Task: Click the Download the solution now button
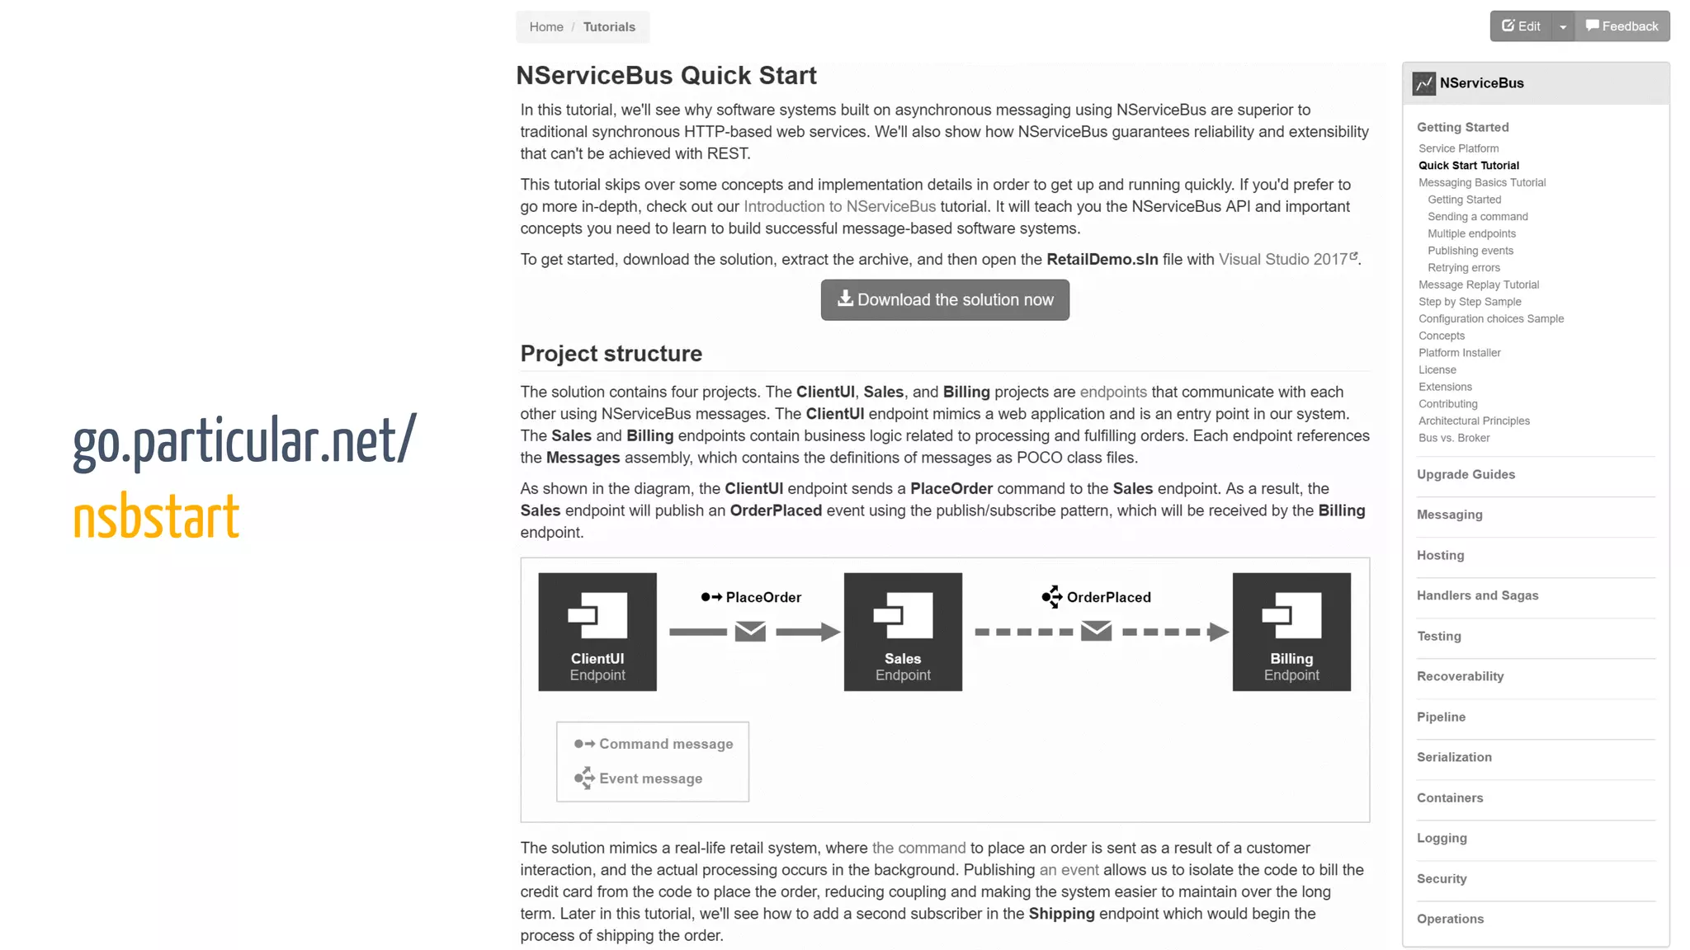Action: [945, 300]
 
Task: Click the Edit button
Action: [1521, 26]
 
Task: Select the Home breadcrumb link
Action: [546, 27]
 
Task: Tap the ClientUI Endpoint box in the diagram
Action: [597, 632]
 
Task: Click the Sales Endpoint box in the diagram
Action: [903, 632]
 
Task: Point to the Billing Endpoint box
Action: [1291, 632]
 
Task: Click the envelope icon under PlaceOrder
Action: [750, 632]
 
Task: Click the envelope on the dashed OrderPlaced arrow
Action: [1096, 632]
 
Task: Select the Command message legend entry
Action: [665, 744]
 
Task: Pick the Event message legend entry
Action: [650, 778]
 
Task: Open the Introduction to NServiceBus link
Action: [839, 207]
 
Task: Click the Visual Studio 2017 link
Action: [1283, 260]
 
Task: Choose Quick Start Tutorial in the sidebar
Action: [1469, 166]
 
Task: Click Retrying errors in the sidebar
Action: [1464, 268]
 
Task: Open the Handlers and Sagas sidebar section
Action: [1477, 595]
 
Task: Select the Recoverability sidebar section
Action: [1460, 676]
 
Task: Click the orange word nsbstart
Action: [156, 517]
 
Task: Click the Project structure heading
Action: [611, 354]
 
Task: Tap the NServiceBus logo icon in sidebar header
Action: [1423, 83]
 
